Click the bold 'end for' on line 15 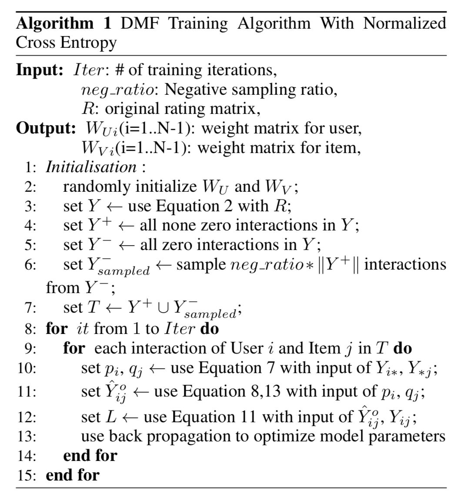point(73,474)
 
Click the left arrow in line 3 point(117,206)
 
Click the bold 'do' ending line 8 point(209,328)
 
